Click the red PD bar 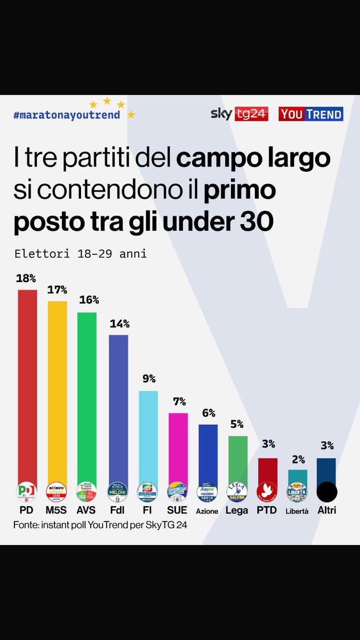coord(28,384)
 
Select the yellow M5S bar coord(58,389)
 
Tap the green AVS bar coord(87,395)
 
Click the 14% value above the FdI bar coord(119,324)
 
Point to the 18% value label coord(26,278)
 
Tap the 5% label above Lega coord(237,425)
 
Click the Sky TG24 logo coord(239,114)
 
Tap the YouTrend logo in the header coord(310,114)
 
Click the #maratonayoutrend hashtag coord(67,115)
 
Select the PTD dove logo coord(267,491)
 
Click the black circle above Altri coord(326,491)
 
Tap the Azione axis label coord(207,511)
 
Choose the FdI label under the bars coord(118,510)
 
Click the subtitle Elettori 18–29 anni coord(80,254)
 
